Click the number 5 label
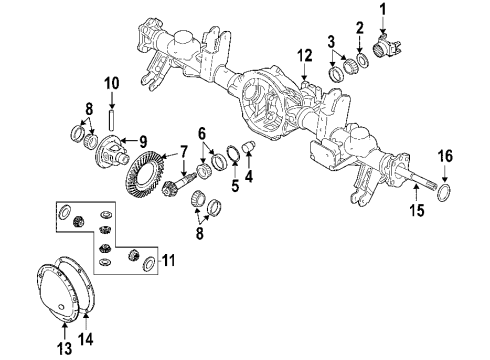point(233,185)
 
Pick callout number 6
point(203,132)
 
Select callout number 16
point(448,156)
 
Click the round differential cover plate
point(59,284)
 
